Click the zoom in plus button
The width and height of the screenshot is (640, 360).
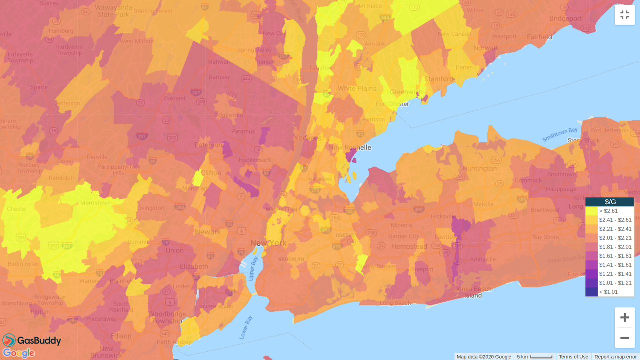coord(624,317)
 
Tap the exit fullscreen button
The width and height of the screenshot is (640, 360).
coord(624,15)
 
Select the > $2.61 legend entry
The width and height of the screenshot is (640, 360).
coord(609,211)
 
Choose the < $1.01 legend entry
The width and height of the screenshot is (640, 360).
coord(609,292)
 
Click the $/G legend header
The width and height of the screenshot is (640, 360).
coord(610,202)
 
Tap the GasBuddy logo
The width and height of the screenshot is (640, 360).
coord(32,340)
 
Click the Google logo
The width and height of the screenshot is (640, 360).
coord(19,353)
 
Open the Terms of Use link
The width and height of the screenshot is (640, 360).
coord(573,357)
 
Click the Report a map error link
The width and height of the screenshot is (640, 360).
coord(615,357)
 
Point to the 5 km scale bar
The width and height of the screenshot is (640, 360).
coord(535,357)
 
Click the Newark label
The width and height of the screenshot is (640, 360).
coord(208,232)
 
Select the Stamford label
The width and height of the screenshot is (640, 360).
coord(438,79)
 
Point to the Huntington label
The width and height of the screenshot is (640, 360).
coord(479,169)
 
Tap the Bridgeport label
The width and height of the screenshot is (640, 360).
coord(566,19)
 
